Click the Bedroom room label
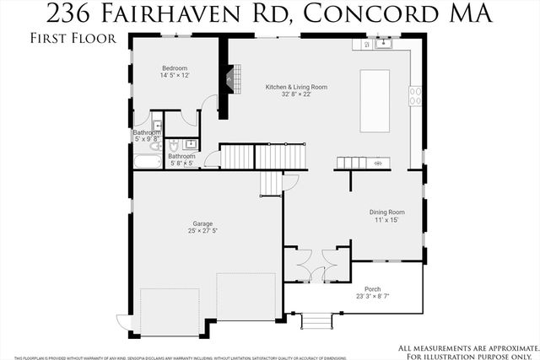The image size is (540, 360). click(175, 67)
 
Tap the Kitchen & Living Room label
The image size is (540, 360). click(274, 86)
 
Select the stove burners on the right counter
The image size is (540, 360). click(415, 96)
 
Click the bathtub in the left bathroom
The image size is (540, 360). click(148, 160)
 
